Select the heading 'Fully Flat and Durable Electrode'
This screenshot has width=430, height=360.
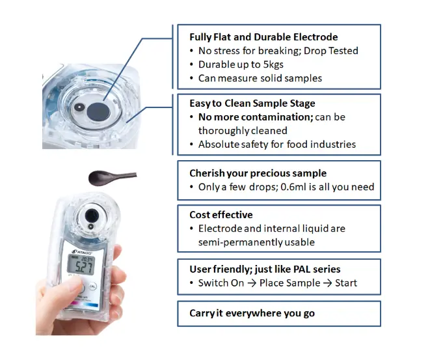pyautogui.click(x=263, y=37)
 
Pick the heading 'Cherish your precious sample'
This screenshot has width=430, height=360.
pyautogui.click(x=258, y=173)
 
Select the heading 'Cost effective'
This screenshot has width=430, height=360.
pyautogui.click(x=221, y=215)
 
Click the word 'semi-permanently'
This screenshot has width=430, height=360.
pyautogui.click(x=237, y=242)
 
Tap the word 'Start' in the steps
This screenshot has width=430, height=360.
pyautogui.click(x=345, y=283)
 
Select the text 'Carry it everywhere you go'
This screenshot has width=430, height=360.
pyautogui.click(x=252, y=313)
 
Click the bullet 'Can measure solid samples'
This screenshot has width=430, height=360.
pyautogui.click(x=260, y=78)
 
